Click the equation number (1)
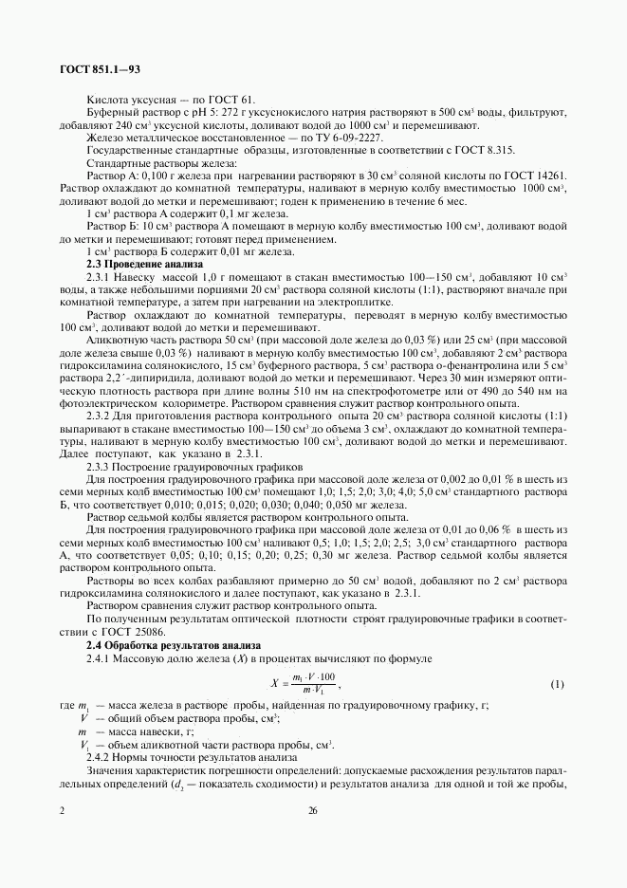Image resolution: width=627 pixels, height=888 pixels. (558, 684)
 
